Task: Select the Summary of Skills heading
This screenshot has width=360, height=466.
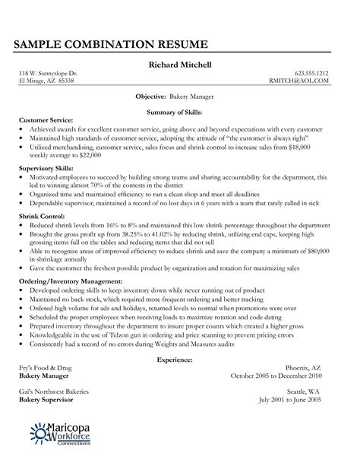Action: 179,110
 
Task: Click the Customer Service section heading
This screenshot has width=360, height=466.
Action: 46,120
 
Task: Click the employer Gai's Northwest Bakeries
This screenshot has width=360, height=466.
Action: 58,390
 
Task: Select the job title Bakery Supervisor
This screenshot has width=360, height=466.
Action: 51,398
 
